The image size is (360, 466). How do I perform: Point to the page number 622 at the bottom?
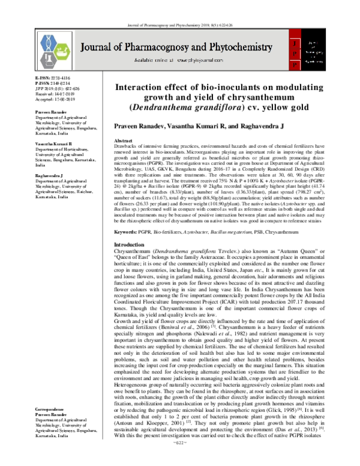point(180,459)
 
